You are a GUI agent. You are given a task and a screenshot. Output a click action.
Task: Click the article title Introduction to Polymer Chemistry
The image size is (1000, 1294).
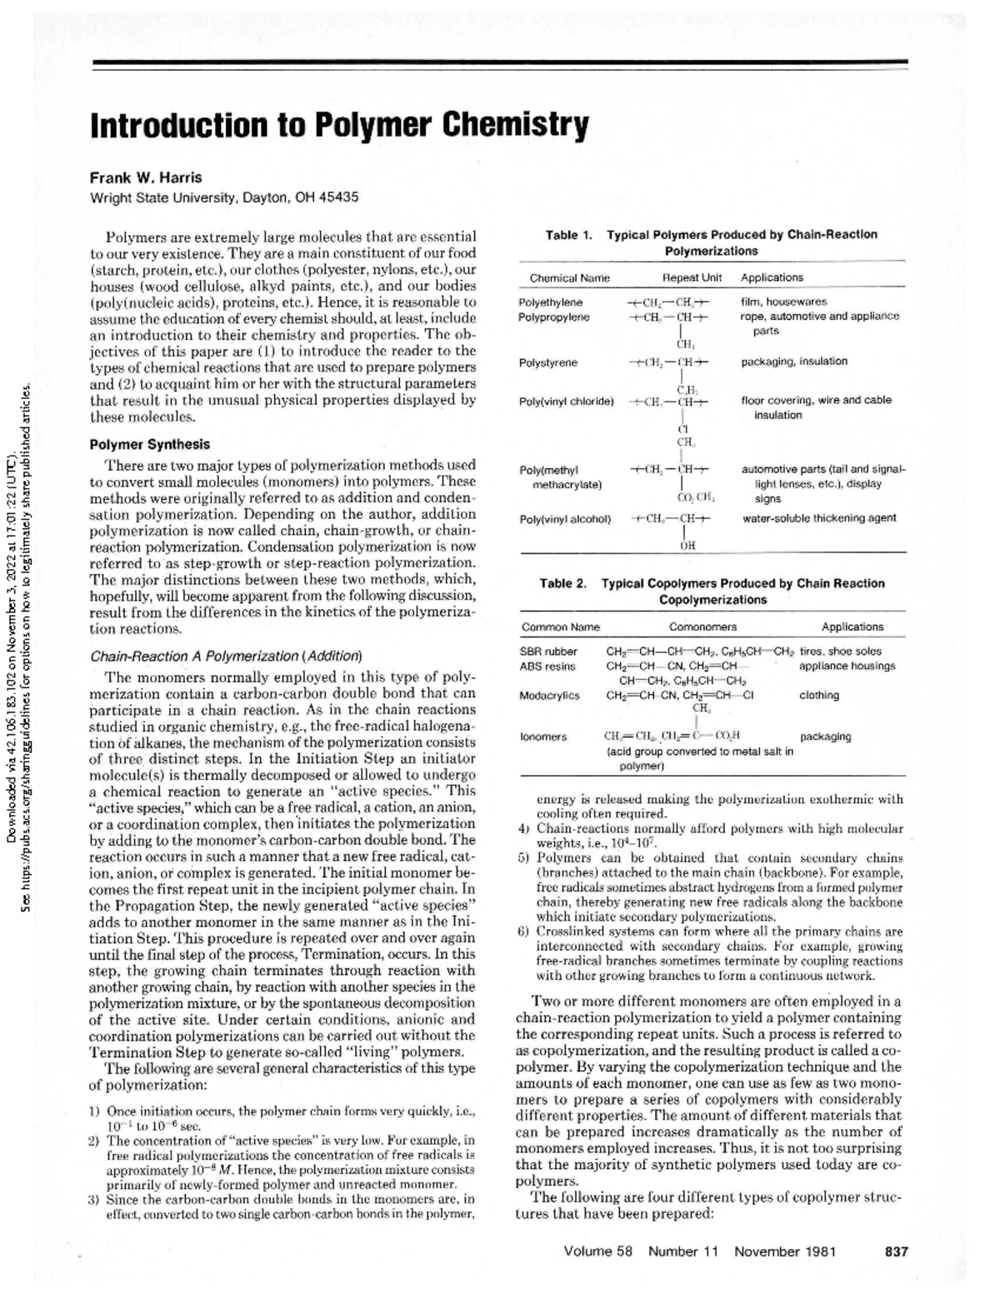click(x=339, y=125)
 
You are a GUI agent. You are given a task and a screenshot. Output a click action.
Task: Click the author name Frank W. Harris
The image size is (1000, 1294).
click(x=146, y=177)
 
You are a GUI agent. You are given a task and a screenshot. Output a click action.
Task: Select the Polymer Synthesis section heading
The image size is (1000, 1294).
click(x=150, y=444)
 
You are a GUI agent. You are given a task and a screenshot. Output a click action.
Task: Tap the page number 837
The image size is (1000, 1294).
click(x=896, y=1251)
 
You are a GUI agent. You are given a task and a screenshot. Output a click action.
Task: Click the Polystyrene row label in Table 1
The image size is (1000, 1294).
click(x=547, y=362)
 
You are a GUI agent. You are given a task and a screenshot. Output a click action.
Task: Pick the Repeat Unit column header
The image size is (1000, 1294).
click(x=692, y=277)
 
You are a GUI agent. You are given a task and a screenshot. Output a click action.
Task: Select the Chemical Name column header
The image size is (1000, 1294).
click(x=569, y=277)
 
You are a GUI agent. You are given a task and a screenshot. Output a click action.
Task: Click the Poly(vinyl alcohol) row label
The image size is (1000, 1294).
click(x=565, y=519)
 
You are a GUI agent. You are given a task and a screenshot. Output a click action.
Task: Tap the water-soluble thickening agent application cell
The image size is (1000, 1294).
click(x=819, y=517)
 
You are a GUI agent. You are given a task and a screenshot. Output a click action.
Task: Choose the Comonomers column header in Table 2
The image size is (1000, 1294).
click(x=702, y=627)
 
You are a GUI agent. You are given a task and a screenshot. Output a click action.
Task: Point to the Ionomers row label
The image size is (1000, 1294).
click(x=542, y=737)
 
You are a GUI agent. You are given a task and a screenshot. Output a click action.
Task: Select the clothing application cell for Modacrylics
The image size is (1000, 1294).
click(x=819, y=695)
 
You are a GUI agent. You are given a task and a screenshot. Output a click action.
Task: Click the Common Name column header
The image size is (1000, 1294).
click(x=560, y=627)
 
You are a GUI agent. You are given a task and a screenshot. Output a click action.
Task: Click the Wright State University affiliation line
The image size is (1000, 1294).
click(x=224, y=197)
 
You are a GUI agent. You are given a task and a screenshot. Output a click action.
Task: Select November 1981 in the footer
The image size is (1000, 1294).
click(x=785, y=1251)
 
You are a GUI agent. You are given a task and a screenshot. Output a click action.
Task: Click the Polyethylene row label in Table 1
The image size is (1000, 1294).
click(x=550, y=302)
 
